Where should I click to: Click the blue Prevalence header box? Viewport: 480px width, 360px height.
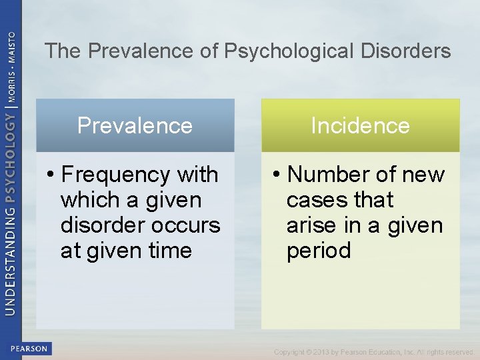click(x=135, y=125)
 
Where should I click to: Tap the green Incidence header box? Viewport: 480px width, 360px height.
click(x=360, y=125)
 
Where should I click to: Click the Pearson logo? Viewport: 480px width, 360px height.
click(x=29, y=349)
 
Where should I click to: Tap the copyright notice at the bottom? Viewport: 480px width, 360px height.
click(x=373, y=352)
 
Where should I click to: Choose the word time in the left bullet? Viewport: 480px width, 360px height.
click(x=170, y=251)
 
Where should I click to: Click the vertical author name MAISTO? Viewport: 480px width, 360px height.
click(x=11, y=47)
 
